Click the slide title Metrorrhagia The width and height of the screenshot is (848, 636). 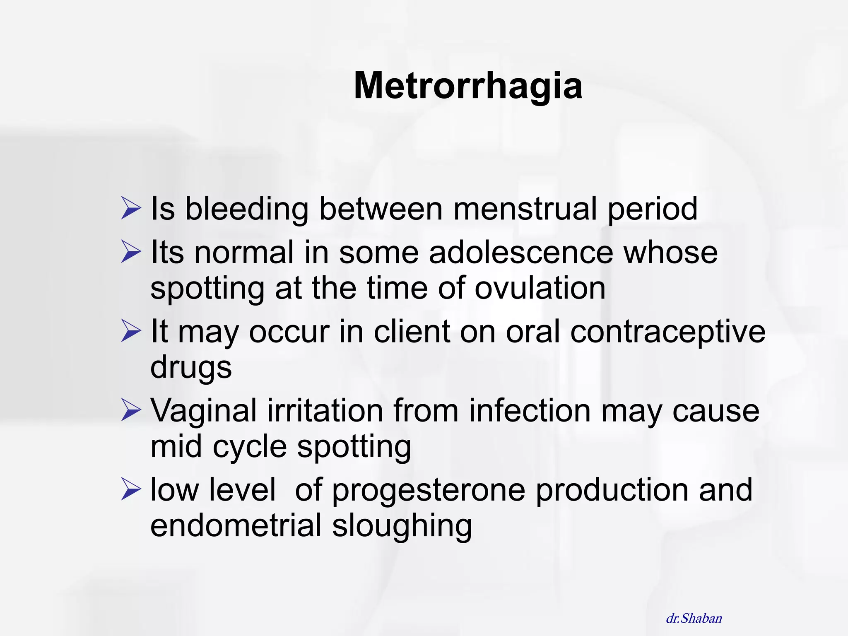click(x=468, y=86)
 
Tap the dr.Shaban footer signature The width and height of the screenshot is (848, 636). click(x=694, y=619)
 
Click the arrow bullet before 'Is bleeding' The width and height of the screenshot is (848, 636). click(x=131, y=208)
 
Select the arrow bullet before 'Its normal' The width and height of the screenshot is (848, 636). click(x=131, y=252)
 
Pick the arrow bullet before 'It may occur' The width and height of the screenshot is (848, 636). click(x=131, y=331)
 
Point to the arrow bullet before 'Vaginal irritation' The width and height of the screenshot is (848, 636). click(x=131, y=410)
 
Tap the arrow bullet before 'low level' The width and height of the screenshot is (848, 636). click(x=131, y=489)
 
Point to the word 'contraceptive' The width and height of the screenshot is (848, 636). click(x=667, y=332)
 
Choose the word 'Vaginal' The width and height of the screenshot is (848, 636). click(x=203, y=411)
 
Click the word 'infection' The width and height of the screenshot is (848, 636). click(x=530, y=410)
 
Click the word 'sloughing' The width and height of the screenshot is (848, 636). click(x=402, y=526)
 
